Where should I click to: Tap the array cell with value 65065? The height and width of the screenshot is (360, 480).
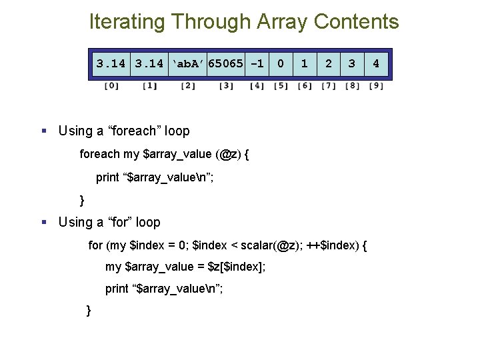pyautogui.click(x=226, y=64)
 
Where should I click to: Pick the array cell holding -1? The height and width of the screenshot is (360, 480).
pyautogui.click(x=257, y=64)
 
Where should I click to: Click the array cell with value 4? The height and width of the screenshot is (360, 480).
pyautogui.click(x=376, y=64)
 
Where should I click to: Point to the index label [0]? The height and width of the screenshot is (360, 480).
pyautogui.click(x=111, y=86)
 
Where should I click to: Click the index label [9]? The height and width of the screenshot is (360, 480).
pyautogui.click(x=376, y=86)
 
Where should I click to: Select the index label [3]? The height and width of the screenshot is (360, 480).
pyautogui.click(x=226, y=86)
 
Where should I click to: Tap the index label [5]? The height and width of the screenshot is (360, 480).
pyautogui.click(x=281, y=86)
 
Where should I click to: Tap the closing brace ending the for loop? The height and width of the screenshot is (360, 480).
pyautogui.click(x=89, y=311)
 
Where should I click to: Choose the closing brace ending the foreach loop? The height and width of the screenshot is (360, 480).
pyautogui.click(x=82, y=200)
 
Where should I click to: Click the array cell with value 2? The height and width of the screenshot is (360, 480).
pyautogui.click(x=328, y=64)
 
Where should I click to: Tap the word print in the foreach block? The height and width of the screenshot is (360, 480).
pyautogui.click(x=107, y=178)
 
